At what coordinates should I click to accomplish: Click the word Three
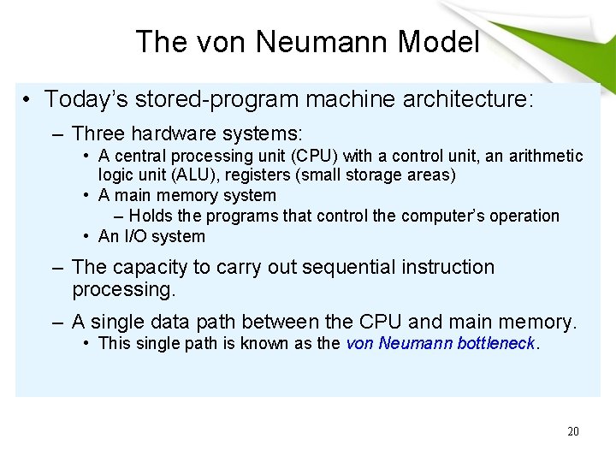98,134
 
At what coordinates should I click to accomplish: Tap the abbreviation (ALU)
199,175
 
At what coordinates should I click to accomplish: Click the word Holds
151,216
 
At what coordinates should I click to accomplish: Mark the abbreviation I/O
135,236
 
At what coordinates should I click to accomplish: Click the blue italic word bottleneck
497,344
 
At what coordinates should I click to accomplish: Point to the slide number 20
572,431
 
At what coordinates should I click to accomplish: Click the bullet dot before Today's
28,100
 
